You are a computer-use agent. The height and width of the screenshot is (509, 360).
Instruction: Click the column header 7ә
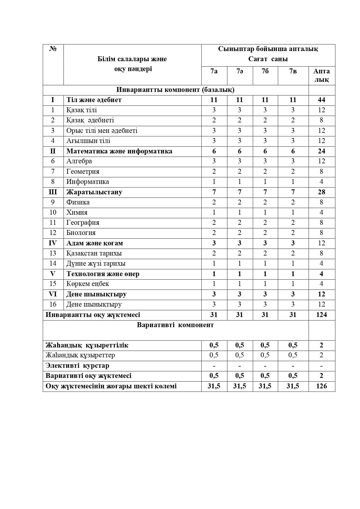[x=240, y=71]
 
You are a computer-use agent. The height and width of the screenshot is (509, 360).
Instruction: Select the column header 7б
[x=265, y=71]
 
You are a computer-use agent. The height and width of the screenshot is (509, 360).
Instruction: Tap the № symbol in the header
[x=53, y=49]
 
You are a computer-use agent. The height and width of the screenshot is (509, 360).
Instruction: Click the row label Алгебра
[x=79, y=161]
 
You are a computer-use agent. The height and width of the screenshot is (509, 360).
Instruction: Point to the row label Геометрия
[x=83, y=171]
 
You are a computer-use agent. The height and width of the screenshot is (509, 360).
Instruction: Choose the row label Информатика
[x=88, y=182]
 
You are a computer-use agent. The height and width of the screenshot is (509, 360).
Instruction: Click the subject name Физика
[x=78, y=202]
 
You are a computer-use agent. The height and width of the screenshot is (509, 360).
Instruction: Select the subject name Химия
[x=77, y=212]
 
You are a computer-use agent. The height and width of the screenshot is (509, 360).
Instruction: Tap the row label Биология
[x=81, y=233]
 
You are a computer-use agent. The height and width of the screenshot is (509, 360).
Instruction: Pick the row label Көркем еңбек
[x=88, y=284]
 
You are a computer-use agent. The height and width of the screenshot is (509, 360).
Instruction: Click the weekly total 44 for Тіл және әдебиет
[x=321, y=100]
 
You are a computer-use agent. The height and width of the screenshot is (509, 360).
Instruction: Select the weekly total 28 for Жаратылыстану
[x=321, y=192]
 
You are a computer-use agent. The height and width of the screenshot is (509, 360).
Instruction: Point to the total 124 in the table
[x=321, y=315]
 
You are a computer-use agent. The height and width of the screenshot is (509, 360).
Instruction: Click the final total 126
[x=321, y=386]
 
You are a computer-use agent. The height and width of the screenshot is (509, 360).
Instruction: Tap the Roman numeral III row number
[x=53, y=192]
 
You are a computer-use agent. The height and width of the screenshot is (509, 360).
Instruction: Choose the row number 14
[x=53, y=263]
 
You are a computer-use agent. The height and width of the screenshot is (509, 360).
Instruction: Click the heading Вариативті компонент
[x=175, y=325]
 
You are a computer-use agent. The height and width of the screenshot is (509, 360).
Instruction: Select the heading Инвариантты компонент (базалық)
[x=175, y=90]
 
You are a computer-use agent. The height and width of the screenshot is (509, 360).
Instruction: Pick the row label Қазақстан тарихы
[x=94, y=253]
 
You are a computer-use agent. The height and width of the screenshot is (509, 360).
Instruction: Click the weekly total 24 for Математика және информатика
[x=321, y=151]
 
